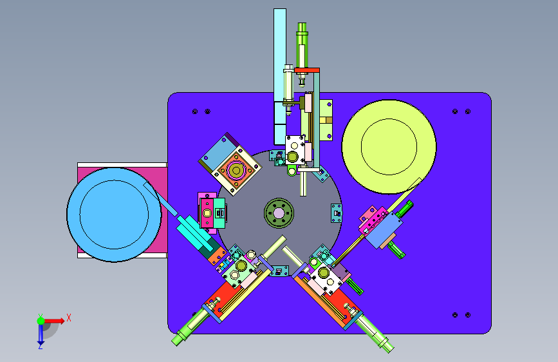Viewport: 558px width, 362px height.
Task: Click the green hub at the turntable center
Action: [x=279, y=213]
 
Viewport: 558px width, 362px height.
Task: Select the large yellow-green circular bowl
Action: [x=389, y=147]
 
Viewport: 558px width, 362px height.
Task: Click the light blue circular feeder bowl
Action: [x=114, y=214]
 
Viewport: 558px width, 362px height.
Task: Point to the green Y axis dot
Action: [x=41, y=321]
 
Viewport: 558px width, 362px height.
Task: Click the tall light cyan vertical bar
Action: [x=280, y=77]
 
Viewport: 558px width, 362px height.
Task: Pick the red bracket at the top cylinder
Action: [x=307, y=70]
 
